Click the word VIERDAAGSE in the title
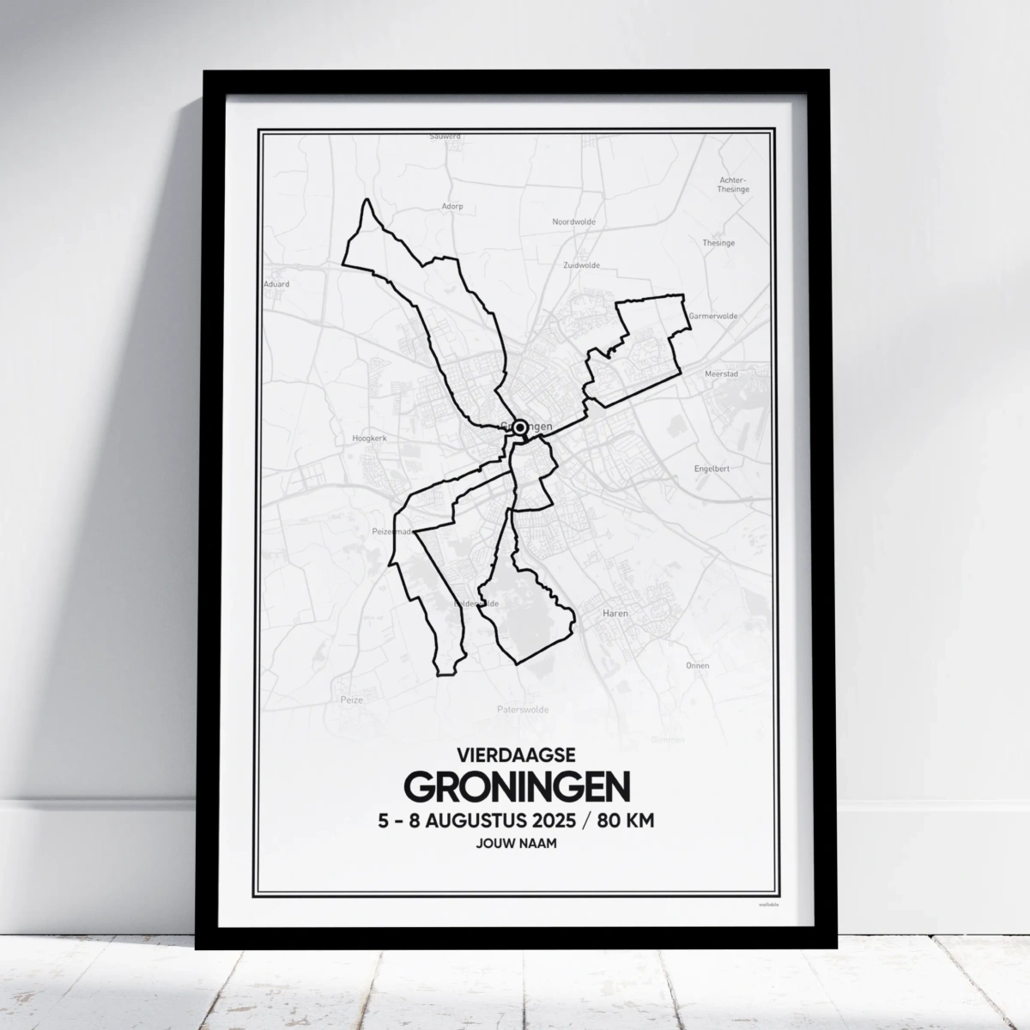516,756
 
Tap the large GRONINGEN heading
516,786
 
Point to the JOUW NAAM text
516,844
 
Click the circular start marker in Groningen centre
519,427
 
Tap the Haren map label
615,614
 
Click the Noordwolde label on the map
573,221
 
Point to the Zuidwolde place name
581,265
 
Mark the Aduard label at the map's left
277,283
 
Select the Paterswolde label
522,710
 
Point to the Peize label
352,700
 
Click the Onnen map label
697,665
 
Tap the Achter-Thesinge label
733,185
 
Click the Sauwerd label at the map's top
445,136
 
